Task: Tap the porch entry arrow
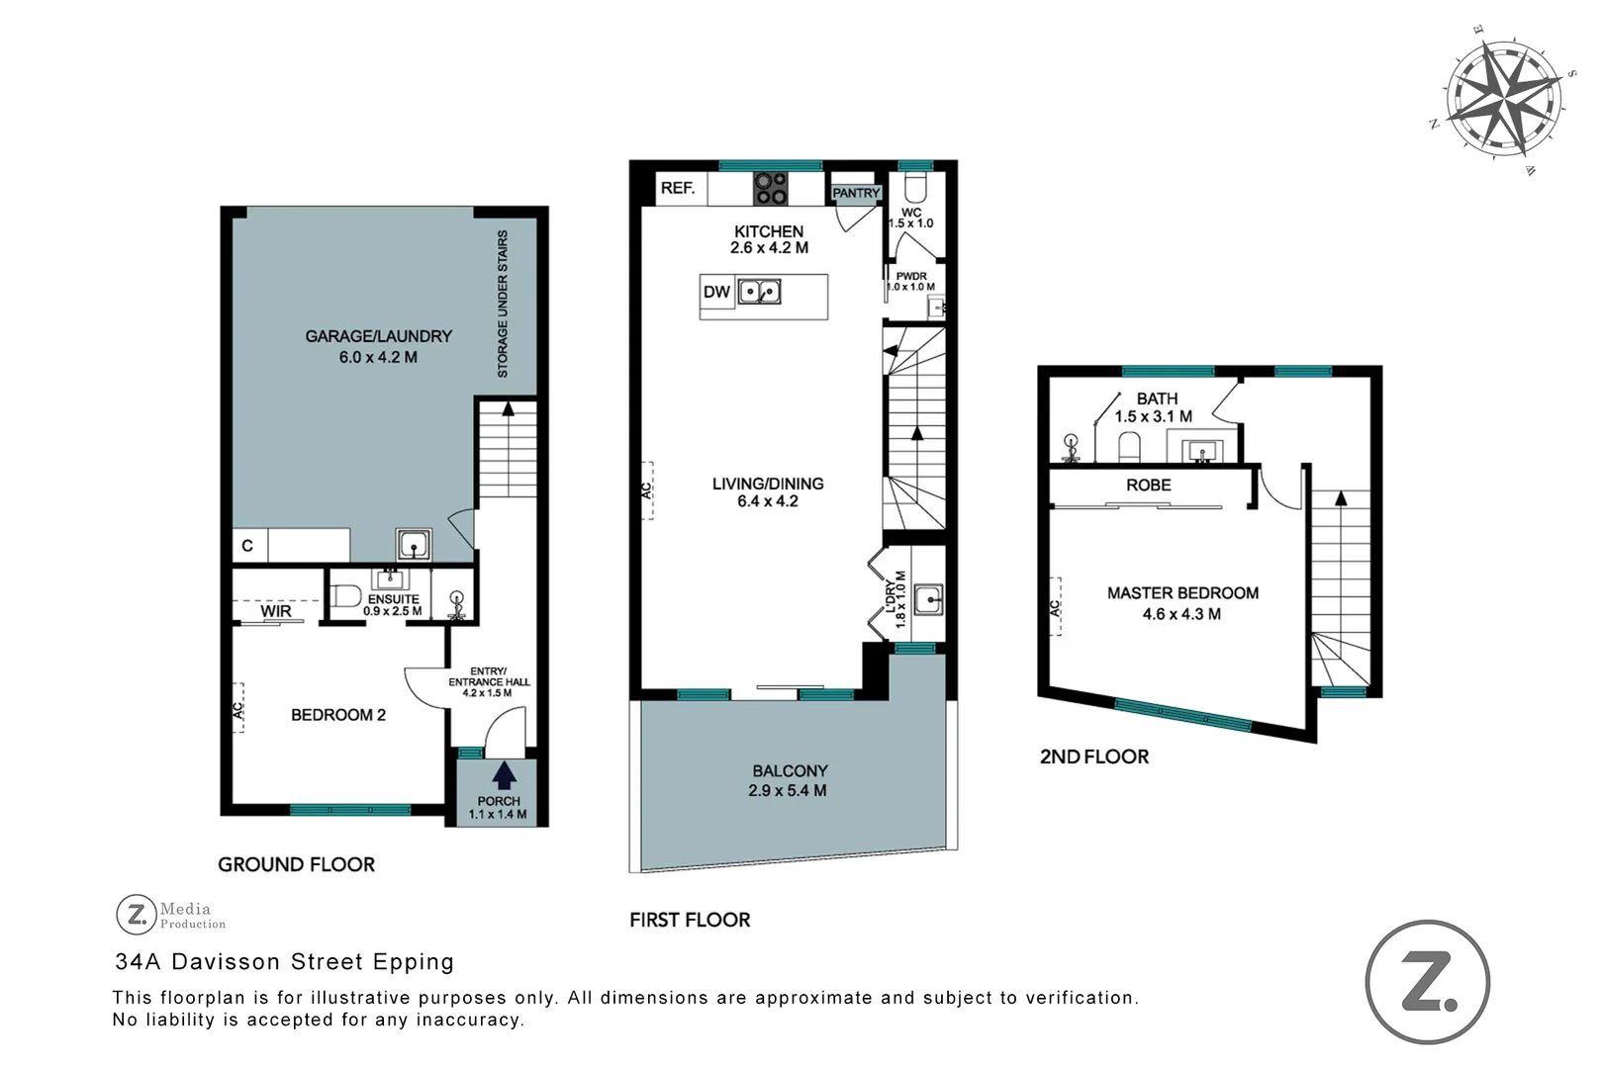(504, 774)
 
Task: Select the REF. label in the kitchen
(678, 188)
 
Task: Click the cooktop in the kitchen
(771, 188)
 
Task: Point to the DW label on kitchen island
(716, 292)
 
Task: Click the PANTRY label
(856, 193)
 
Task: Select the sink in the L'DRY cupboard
(928, 599)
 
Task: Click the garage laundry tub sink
(414, 544)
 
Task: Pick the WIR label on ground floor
(276, 611)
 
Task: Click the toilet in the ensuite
(345, 596)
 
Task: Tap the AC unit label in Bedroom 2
(237, 710)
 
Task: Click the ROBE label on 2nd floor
(1148, 486)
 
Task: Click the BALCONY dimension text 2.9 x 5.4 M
(788, 790)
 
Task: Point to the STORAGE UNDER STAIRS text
(503, 305)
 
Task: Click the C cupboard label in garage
(247, 545)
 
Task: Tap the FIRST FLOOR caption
(690, 920)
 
